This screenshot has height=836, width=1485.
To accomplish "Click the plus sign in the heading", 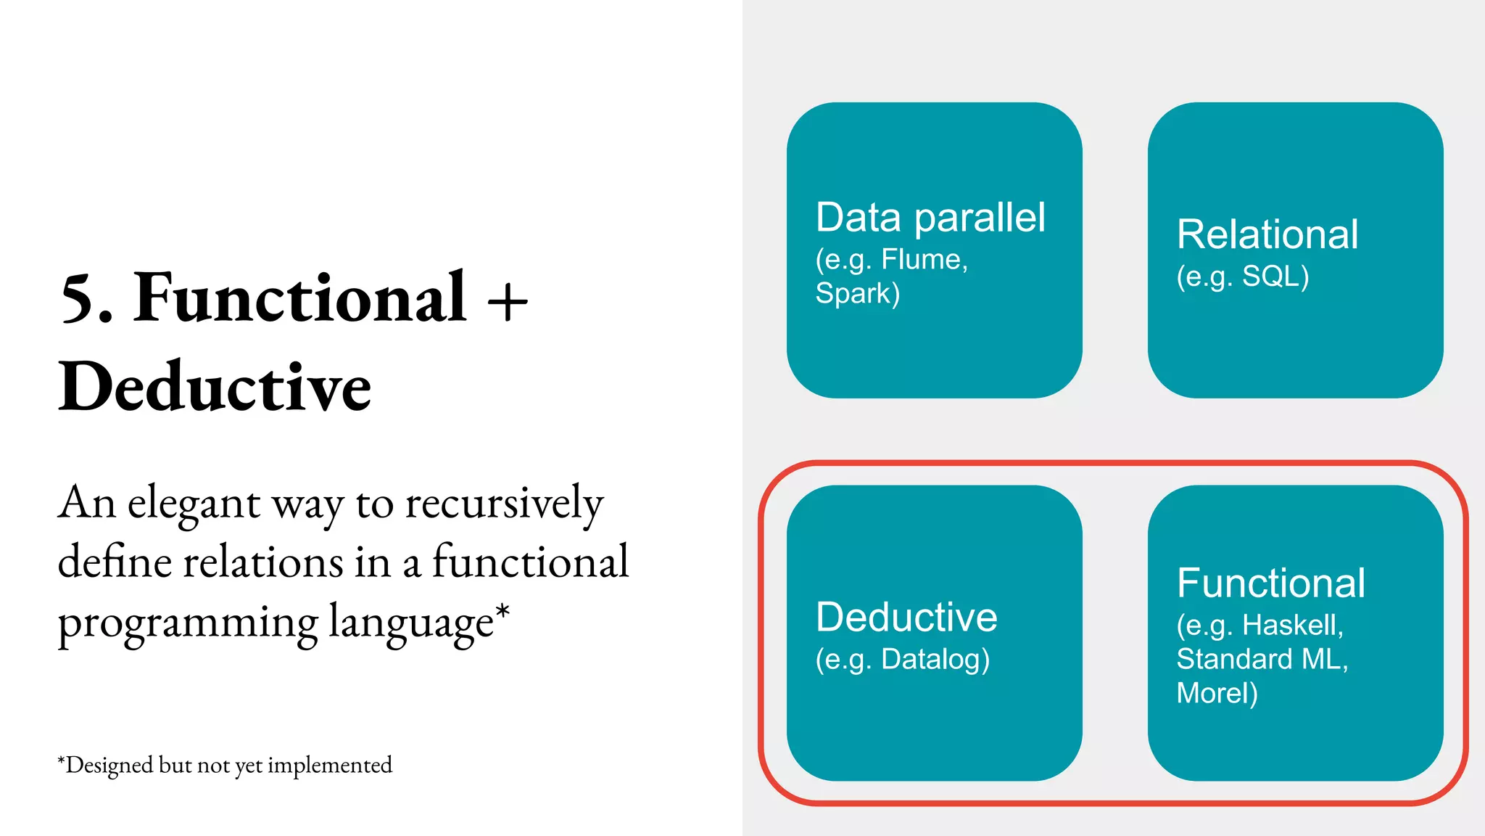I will tap(508, 302).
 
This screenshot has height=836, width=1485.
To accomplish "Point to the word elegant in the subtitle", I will tap(194, 504).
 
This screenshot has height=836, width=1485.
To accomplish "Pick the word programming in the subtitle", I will tap(188, 623).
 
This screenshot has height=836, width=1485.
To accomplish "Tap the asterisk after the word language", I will tap(502, 612).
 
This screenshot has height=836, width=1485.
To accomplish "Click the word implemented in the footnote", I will tap(330, 765).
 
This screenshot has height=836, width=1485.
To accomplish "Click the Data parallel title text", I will tap(930, 217).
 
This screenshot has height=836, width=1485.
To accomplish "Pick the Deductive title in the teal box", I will tap(906, 617).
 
